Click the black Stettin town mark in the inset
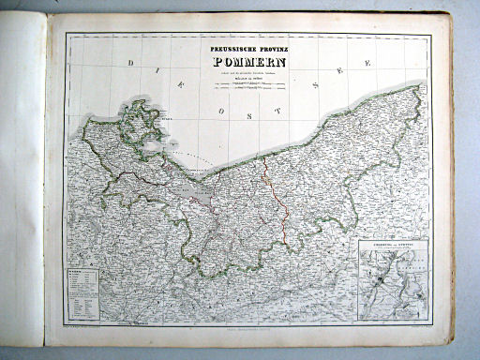378,277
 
